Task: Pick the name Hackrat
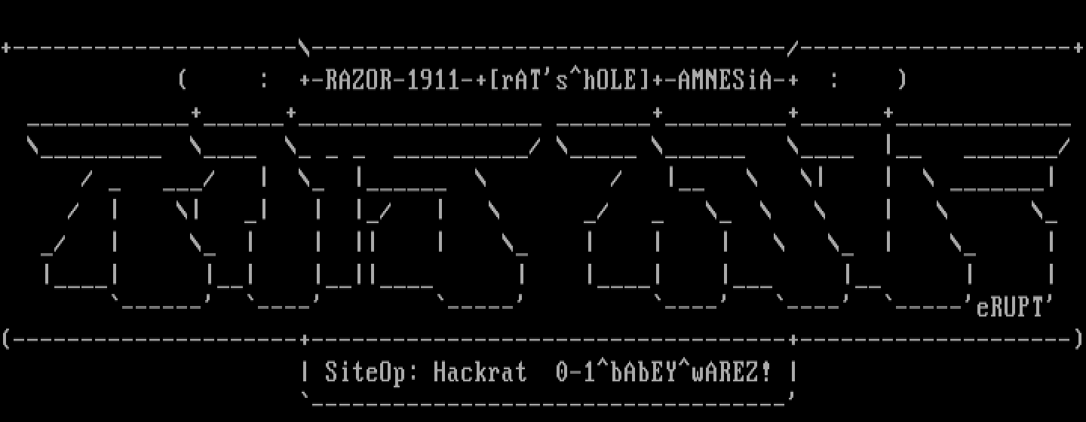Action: pyautogui.click(x=480, y=372)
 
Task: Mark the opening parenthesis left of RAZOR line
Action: pyautogui.click(x=182, y=80)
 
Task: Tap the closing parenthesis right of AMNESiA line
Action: pyautogui.click(x=902, y=80)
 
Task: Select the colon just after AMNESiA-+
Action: pyautogui.click(x=833, y=80)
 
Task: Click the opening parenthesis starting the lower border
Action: pyautogui.click(x=6, y=340)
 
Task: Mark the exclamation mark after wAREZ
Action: pyautogui.click(x=766, y=372)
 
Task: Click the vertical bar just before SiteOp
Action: pyautogui.click(x=305, y=372)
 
